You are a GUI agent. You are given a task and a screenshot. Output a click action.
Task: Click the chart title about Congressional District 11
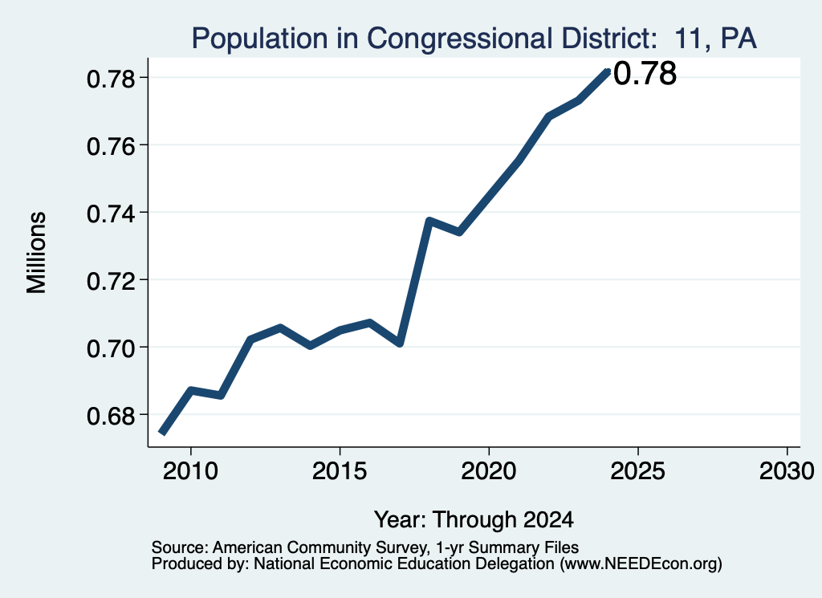tap(474, 39)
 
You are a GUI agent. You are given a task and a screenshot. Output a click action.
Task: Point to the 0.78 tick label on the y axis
tap(111, 79)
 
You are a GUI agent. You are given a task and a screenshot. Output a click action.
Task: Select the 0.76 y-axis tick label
tap(111, 146)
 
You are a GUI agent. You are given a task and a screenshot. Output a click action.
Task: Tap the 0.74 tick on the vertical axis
tap(111, 214)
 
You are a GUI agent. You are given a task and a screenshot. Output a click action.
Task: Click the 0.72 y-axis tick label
tap(111, 281)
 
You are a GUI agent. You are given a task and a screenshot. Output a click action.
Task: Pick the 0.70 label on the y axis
tap(111, 348)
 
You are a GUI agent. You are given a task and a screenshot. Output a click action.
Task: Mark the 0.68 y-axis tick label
tap(111, 416)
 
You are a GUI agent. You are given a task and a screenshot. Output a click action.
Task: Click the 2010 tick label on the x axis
tap(190, 471)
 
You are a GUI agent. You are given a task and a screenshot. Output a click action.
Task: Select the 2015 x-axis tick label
tap(340, 471)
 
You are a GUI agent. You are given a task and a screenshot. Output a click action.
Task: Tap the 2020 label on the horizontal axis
tap(489, 471)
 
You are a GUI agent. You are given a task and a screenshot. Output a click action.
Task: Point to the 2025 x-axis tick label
tap(638, 471)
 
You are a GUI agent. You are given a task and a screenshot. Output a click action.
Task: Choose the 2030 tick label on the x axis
tap(787, 471)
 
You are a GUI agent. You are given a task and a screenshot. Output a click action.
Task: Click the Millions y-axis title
tap(36, 253)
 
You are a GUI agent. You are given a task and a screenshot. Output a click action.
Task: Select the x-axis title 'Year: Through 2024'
tap(474, 519)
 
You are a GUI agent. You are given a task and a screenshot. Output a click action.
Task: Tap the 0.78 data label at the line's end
tap(645, 73)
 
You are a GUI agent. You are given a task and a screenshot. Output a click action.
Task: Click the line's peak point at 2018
tap(429, 221)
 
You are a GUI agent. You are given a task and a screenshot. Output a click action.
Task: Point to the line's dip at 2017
tap(400, 344)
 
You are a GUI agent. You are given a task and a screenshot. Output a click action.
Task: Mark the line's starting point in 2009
tap(161, 433)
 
